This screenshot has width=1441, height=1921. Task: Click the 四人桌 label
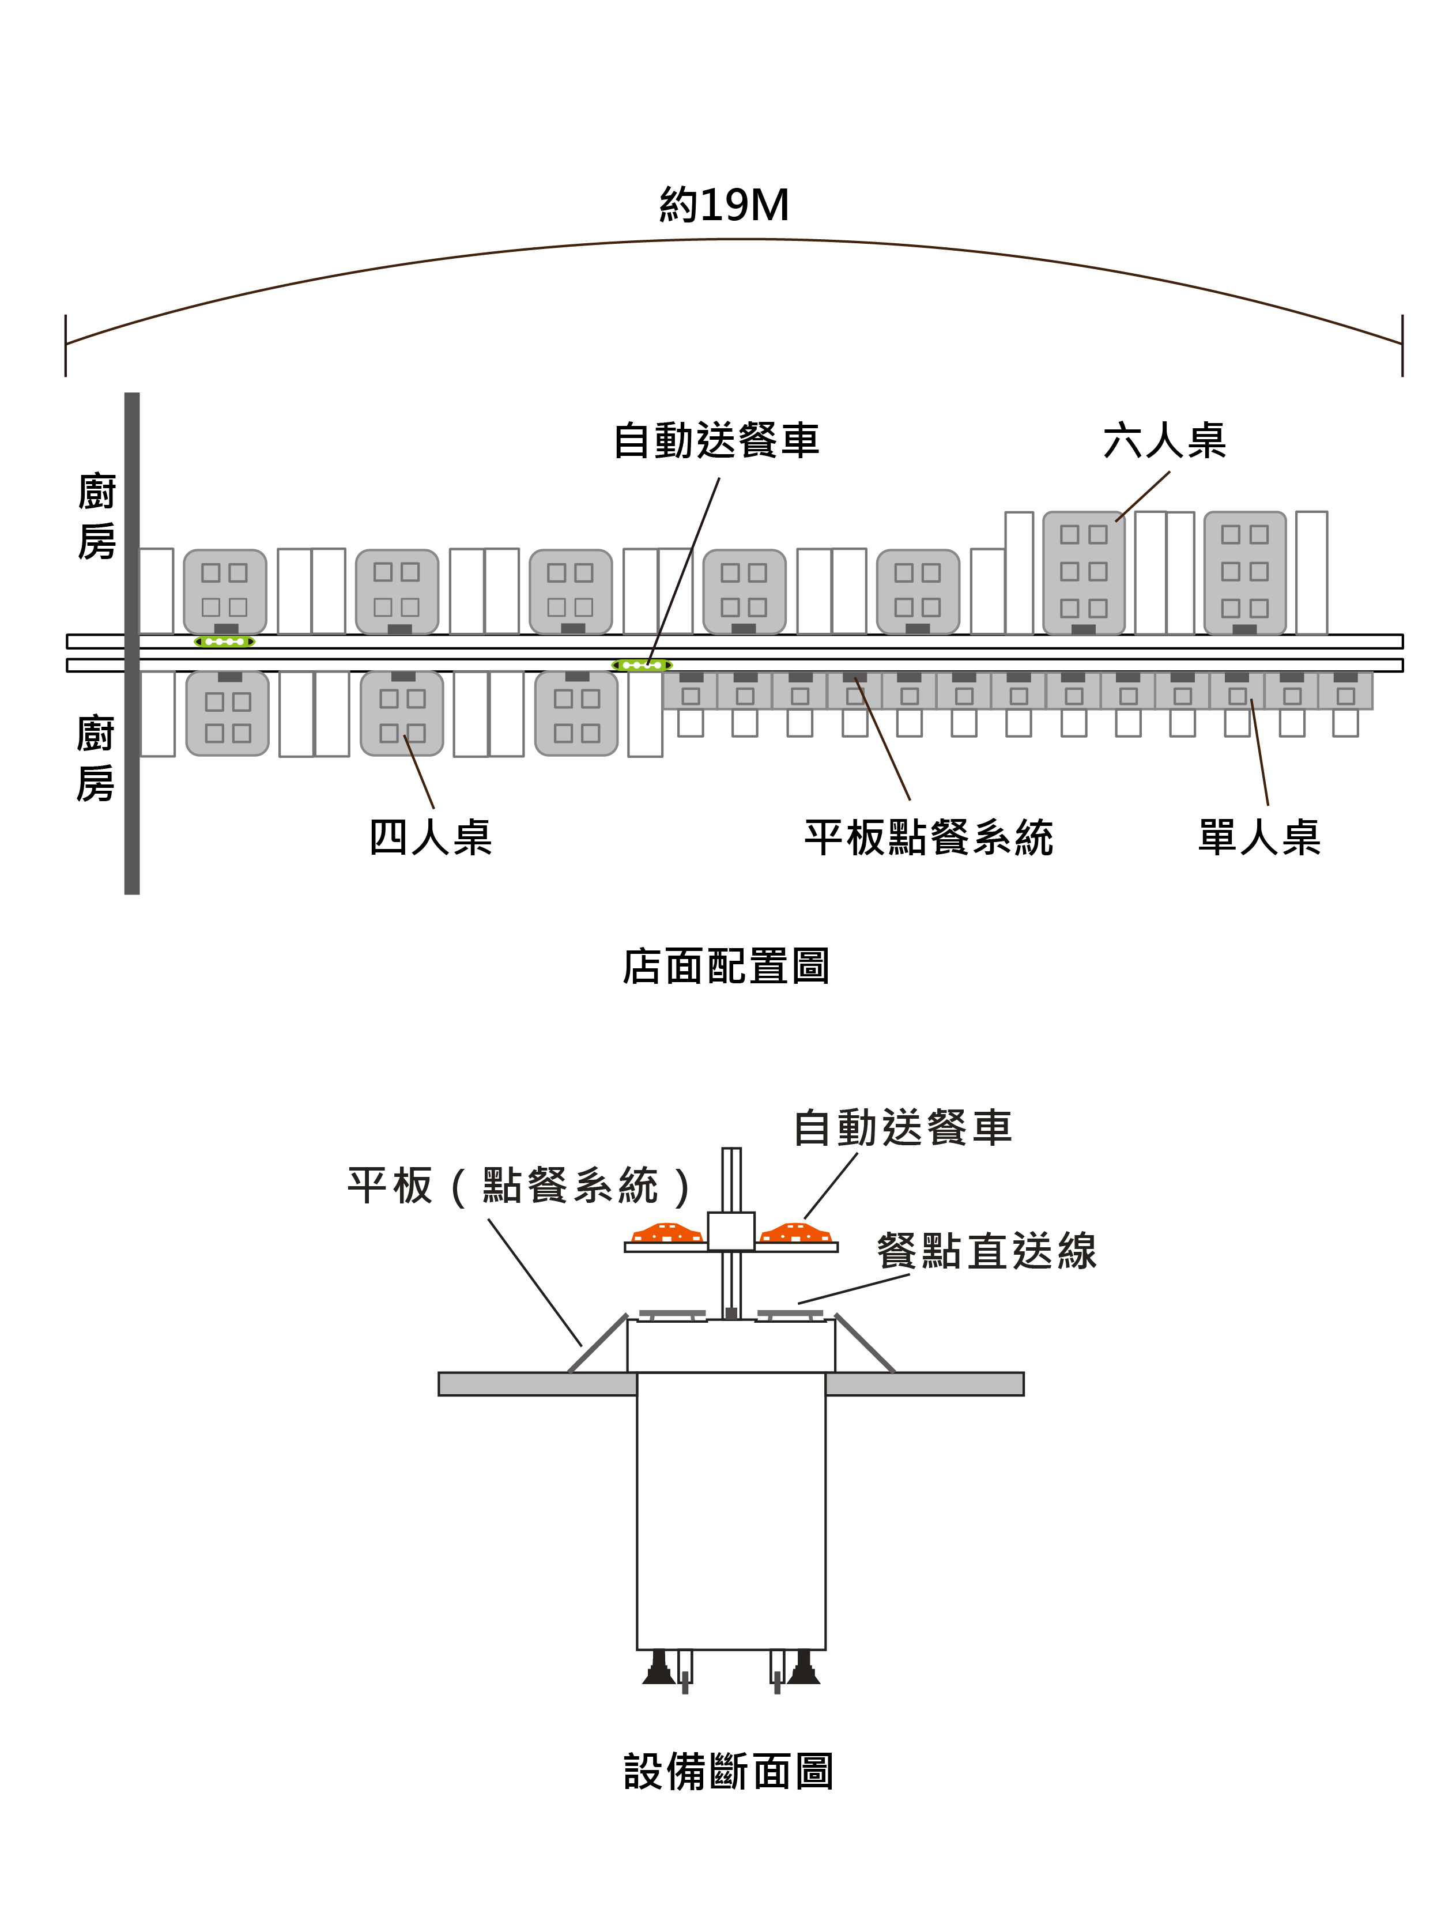(x=430, y=837)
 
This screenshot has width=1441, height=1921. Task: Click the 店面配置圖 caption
(x=725, y=966)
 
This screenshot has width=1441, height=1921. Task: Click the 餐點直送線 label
(x=986, y=1251)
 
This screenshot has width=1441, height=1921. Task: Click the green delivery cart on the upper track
(x=224, y=642)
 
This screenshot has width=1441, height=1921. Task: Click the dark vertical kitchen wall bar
(x=132, y=643)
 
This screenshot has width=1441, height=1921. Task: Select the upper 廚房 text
(x=96, y=518)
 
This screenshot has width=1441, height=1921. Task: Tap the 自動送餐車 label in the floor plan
(x=716, y=440)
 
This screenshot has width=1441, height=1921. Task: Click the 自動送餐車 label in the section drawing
(x=903, y=1128)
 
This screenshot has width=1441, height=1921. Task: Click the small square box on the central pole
(x=730, y=1231)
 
